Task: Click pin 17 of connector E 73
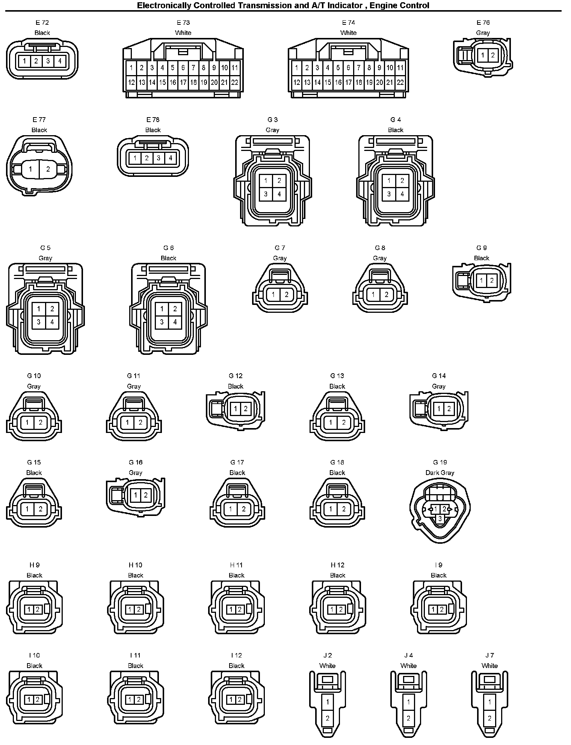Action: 183,83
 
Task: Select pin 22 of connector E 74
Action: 400,83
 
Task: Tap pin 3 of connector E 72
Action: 48,61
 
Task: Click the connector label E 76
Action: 483,23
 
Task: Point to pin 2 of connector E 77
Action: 48,169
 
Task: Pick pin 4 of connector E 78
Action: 170,158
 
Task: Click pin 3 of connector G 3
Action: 266,194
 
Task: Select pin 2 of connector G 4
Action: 402,181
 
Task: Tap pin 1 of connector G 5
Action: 39,309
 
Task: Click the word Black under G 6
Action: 168,258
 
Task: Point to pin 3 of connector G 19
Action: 440,519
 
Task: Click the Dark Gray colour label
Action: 440,473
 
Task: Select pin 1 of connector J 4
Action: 408,701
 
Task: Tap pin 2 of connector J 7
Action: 489,718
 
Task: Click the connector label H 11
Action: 236,565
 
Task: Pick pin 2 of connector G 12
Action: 245,409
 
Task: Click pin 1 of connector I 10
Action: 29,700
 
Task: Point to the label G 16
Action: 135,463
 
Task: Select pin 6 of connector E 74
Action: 348,68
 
